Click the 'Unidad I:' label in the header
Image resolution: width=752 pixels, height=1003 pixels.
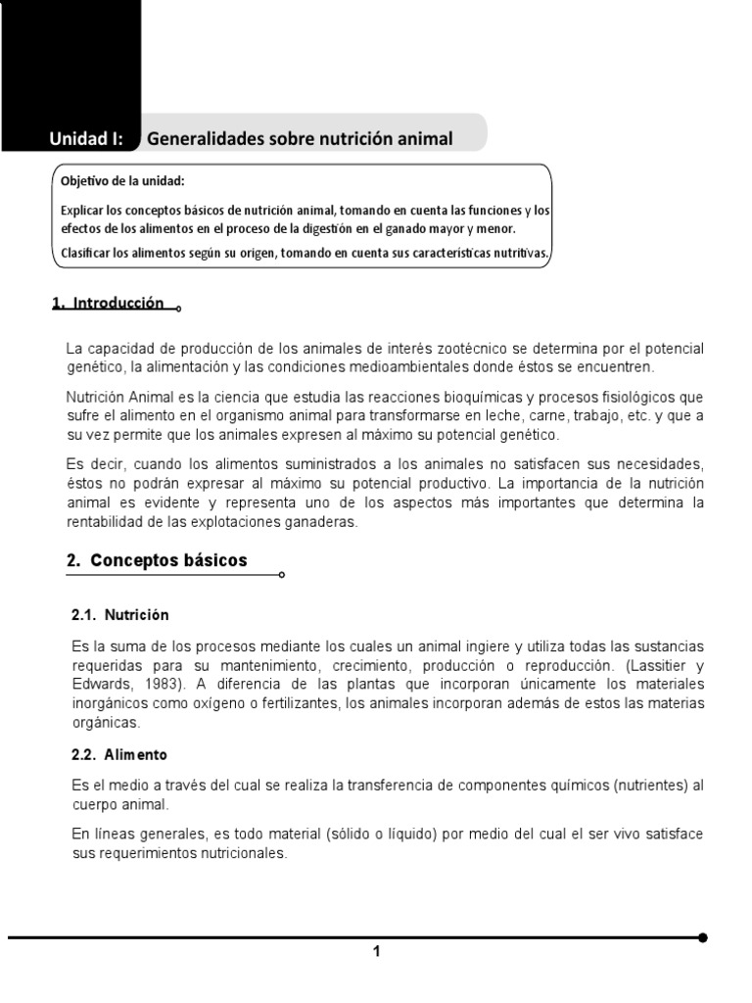click(87, 139)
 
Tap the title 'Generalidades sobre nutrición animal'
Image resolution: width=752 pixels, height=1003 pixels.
click(300, 139)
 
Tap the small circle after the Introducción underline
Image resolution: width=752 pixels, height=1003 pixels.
click(178, 309)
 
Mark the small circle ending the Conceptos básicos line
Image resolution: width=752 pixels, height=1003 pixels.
click(282, 576)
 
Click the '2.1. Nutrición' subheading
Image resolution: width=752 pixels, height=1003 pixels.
click(120, 615)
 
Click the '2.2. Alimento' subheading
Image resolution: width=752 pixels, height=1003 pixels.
click(119, 755)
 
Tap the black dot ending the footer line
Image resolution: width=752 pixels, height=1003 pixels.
click(701, 937)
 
